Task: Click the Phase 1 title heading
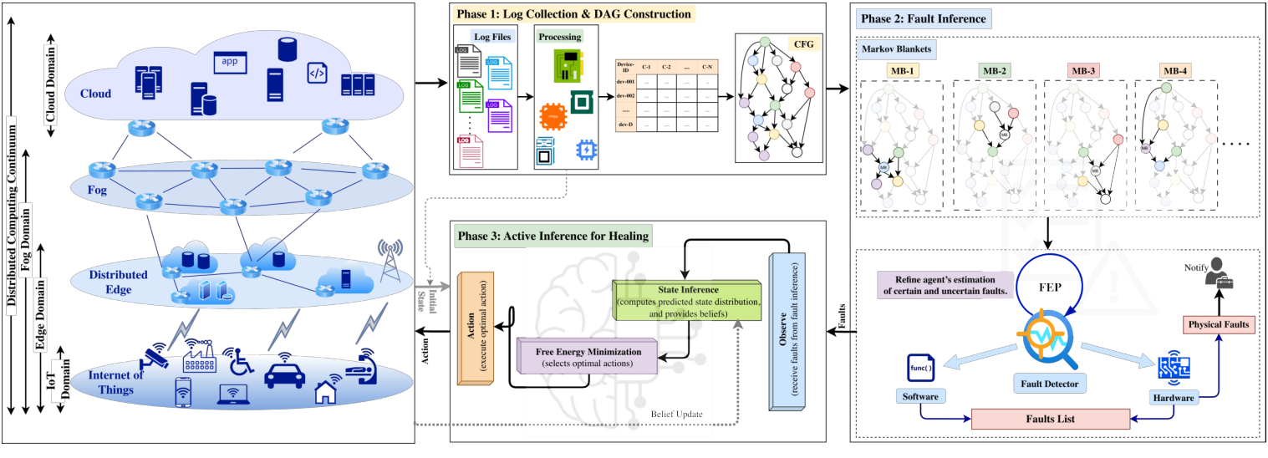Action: pyautogui.click(x=574, y=14)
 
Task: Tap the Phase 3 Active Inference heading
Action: pyautogui.click(x=553, y=237)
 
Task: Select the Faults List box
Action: pyautogui.click(x=1050, y=419)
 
